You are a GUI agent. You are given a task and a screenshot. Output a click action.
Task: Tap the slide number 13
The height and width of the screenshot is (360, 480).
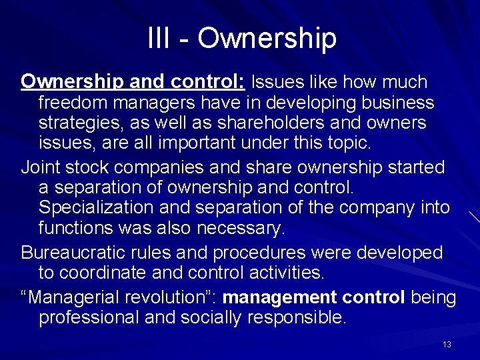click(447, 344)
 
